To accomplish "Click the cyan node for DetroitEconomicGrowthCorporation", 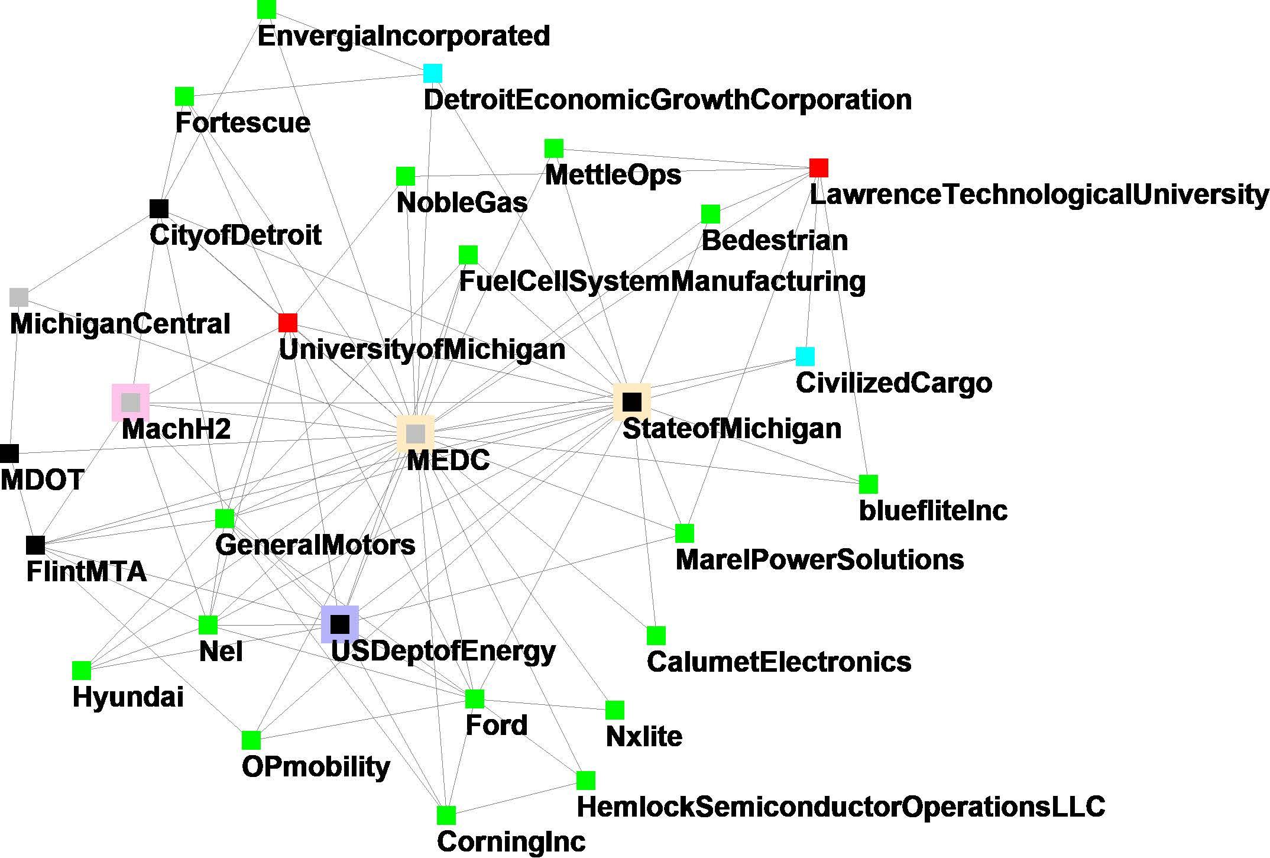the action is point(432,73).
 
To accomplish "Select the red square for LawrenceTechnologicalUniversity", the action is point(818,168).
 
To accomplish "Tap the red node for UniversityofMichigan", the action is point(288,323).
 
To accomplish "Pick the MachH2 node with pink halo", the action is point(131,403).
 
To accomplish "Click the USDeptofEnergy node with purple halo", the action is point(340,624).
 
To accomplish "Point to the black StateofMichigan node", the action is point(632,402).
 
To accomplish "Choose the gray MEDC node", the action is point(416,434).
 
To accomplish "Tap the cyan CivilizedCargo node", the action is point(805,357).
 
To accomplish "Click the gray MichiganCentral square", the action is point(19,297).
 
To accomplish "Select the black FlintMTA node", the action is point(35,545).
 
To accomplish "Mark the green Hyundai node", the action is point(82,671).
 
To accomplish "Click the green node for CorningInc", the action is point(446,815).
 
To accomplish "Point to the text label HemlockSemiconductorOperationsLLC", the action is point(841,807).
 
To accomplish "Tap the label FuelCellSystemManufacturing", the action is point(662,281).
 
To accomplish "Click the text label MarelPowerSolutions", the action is point(819,560).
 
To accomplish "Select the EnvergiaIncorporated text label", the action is point(404,36).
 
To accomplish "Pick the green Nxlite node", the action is point(615,710).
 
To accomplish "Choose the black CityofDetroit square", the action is point(159,209).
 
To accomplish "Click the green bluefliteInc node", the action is point(868,484).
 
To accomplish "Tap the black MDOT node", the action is point(9,454).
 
